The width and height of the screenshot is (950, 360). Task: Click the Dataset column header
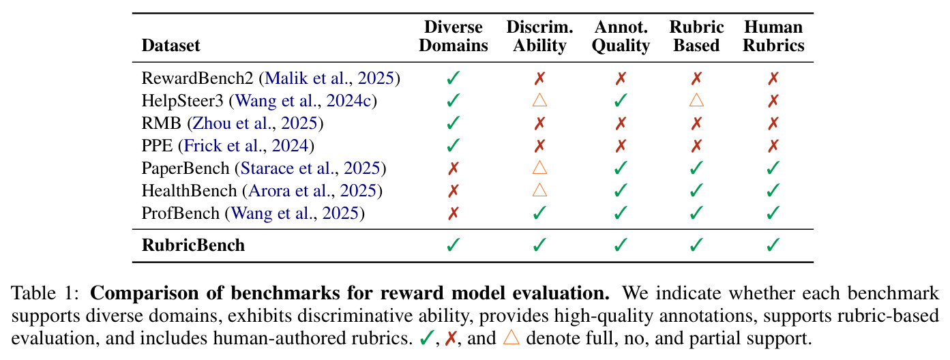tap(170, 46)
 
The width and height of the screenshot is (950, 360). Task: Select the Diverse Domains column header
tap(454, 36)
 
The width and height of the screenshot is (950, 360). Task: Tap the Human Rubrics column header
tap(773, 36)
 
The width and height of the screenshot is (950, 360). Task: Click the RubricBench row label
tap(193, 245)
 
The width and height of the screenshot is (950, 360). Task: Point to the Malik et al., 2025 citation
tap(329, 78)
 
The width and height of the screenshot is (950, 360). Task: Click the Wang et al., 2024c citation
tap(303, 100)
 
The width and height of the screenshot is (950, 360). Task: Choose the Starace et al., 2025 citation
tap(310, 168)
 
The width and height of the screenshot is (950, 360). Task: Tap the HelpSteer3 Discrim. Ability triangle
tap(539, 100)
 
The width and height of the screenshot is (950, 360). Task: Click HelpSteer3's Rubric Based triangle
tap(696, 100)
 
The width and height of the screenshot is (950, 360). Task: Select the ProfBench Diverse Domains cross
tap(454, 213)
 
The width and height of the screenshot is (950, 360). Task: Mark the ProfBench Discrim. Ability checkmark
tap(539, 213)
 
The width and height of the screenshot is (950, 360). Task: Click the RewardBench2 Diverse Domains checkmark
tap(454, 78)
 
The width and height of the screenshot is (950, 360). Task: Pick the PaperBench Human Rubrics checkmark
tap(773, 168)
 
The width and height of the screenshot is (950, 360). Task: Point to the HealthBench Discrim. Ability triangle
tap(539, 190)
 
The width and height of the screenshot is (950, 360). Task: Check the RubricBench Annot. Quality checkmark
tap(621, 245)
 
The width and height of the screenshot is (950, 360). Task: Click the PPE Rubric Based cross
tap(696, 146)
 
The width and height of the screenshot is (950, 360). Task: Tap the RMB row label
tap(161, 123)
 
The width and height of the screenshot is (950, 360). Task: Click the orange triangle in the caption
tap(511, 337)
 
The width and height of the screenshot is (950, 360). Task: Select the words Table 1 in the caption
tap(45, 293)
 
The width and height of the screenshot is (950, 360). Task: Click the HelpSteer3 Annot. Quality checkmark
tap(621, 100)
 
